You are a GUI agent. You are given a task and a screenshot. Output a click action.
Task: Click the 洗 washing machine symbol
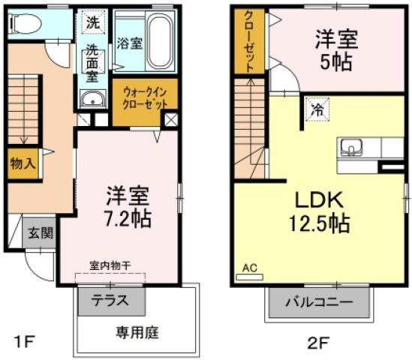92,22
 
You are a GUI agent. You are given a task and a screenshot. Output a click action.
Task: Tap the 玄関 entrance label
41,233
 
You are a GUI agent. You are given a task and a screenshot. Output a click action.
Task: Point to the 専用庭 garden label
136,331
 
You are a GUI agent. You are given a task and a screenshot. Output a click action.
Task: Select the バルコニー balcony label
319,303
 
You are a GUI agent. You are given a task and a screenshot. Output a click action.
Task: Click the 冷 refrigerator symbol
317,109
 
